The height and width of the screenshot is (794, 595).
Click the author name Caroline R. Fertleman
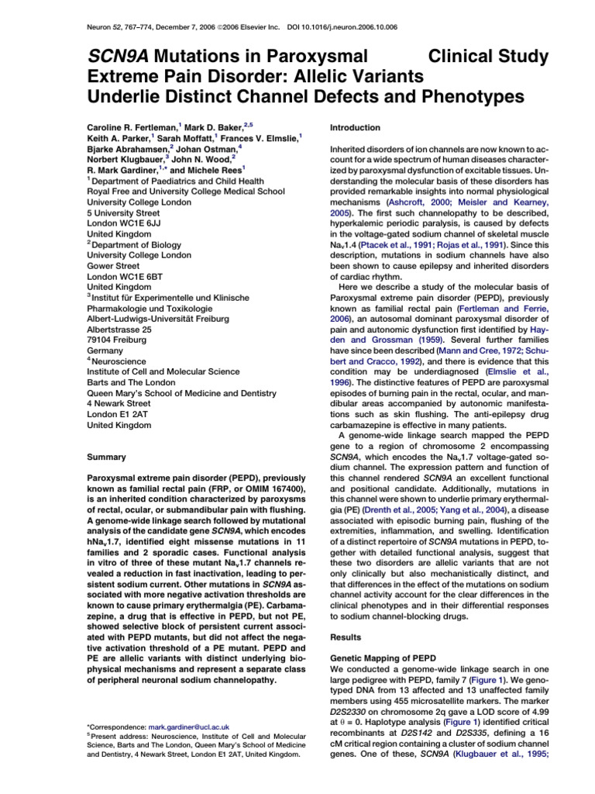coord(132,124)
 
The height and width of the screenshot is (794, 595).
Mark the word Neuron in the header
coord(95,26)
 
